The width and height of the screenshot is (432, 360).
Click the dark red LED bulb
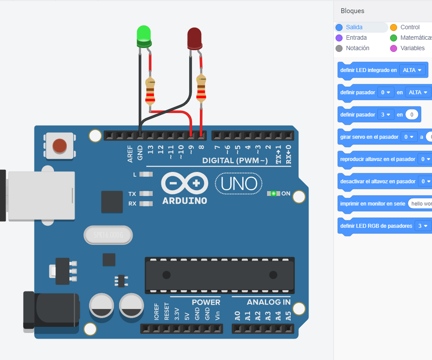(x=194, y=38)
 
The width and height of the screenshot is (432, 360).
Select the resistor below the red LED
(x=201, y=88)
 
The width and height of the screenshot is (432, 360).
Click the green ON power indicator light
(x=274, y=193)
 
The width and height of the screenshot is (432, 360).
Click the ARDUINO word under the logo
(x=185, y=201)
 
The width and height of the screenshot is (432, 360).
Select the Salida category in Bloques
(x=354, y=27)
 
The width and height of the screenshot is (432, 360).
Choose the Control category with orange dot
(x=409, y=27)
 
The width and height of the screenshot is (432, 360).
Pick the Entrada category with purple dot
(x=356, y=38)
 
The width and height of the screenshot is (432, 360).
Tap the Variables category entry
(x=412, y=48)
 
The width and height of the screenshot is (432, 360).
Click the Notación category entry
(x=357, y=48)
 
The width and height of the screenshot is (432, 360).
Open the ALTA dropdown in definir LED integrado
(x=412, y=70)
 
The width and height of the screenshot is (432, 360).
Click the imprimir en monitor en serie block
(x=372, y=204)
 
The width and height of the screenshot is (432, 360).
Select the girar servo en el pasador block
(x=369, y=137)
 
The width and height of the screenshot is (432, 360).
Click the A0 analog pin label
(x=237, y=315)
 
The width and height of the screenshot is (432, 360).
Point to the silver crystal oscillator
(x=107, y=236)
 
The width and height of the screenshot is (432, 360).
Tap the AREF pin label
(x=130, y=154)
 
